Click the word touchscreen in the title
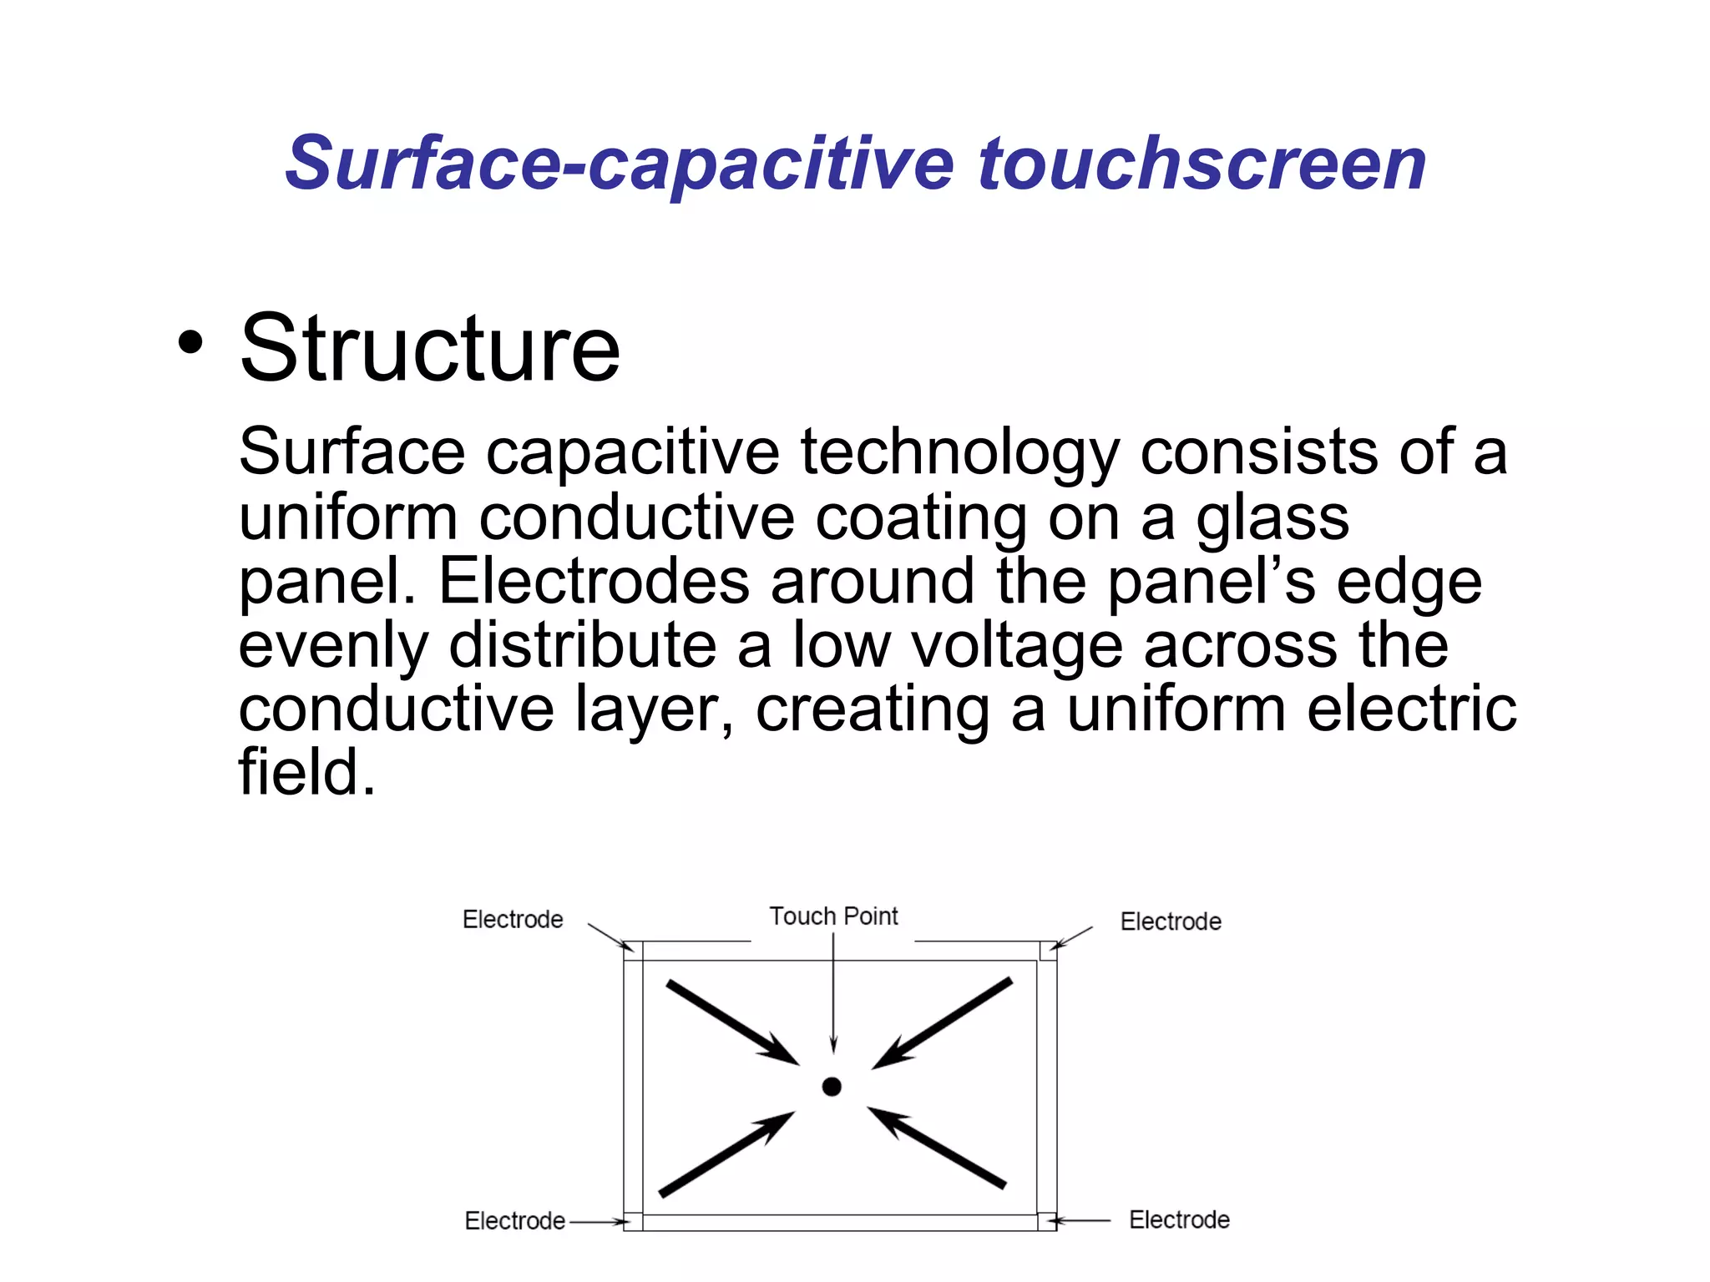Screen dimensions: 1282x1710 click(x=1202, y=164)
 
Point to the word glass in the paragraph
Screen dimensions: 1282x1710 click(x=1272, y=517)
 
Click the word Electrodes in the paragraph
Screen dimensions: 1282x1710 click(x=594, y=581)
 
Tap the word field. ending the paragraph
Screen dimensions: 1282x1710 click(x=306, y=772)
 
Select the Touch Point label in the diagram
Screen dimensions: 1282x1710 click(x=833, y=916)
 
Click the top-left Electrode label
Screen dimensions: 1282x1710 click(x=513, y=920)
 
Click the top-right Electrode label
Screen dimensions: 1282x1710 click(x=1171, y=922)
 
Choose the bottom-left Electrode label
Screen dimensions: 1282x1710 click(x=515, y=1221)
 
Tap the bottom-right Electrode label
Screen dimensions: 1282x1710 click(x=1179, y=1220)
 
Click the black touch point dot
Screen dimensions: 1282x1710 click(x=832, y=1087)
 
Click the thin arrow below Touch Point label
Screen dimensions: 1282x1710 click(x=833, y=993)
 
